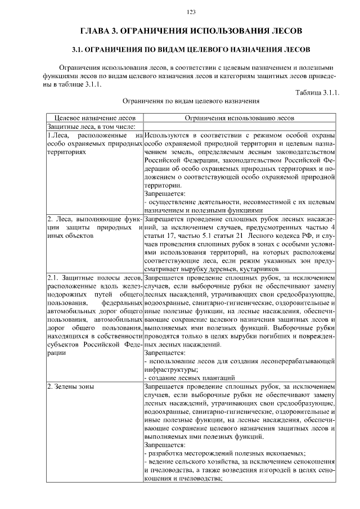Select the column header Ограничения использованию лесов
tap(239, 118)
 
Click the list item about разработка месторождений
tap(225, 453)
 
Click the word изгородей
tap(264, 471)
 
